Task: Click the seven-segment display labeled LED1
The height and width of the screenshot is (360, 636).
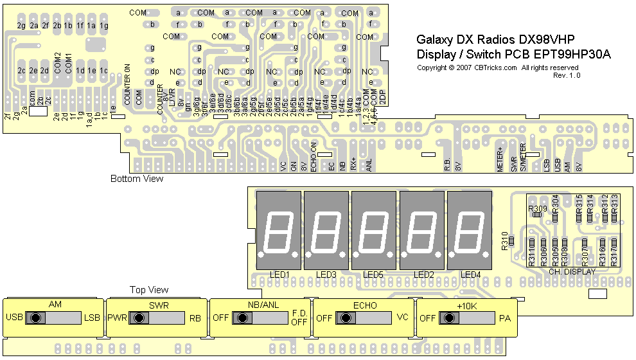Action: (x=279, y=230)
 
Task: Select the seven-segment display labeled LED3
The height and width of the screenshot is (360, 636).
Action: (x=326, y=230)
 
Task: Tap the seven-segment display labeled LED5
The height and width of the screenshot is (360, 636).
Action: (x=374, y=230)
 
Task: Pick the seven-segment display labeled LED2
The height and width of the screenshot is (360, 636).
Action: (x=421, y=230)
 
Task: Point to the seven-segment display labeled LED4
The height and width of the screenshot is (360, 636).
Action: (x=470, y=230)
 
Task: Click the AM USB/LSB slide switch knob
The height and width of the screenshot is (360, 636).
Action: (x=36, y=318)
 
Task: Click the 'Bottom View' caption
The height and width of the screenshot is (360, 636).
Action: (x=137, y=179)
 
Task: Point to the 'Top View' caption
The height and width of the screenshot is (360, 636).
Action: (x=149, y=290)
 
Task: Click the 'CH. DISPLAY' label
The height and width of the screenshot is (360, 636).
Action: (x=572, y=272)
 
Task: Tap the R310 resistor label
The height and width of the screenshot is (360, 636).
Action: (x=505, y=243)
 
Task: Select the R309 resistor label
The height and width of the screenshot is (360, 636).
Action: (x=537, y=208)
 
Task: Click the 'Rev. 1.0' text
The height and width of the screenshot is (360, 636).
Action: (x=567, y=75)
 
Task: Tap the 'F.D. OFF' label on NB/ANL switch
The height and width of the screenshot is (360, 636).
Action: (x=299, y=318)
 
